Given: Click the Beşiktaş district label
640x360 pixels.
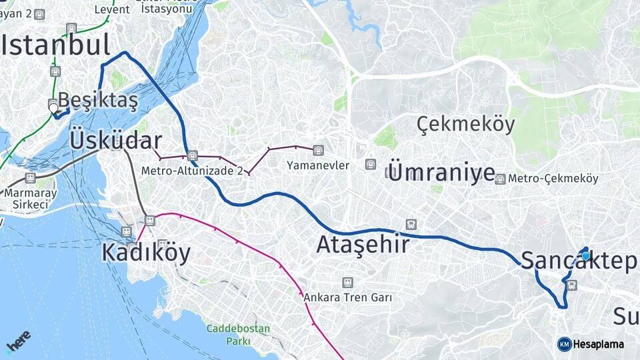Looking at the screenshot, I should point(98,101).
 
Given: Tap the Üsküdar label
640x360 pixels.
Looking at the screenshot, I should point(115,141).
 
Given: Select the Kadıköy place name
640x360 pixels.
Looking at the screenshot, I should point(146,253).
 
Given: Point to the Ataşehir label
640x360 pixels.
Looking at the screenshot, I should point(363,245).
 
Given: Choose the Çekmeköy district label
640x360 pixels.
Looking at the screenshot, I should point(466,124).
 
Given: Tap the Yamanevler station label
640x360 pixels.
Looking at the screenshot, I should point(318,165).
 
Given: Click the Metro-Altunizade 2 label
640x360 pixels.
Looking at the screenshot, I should point(191,171).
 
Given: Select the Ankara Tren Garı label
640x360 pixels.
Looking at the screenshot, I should point(347,297).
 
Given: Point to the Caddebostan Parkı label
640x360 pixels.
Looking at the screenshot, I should point(238,335).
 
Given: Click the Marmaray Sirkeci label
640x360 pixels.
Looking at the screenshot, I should point(27,199).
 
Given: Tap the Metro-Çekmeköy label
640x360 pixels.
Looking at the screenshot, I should point(553,179).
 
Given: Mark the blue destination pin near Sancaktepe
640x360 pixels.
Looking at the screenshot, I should point(585,255).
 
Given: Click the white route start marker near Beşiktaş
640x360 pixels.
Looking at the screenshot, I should point(53,106).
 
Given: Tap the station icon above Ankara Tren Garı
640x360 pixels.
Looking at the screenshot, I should point(347,283).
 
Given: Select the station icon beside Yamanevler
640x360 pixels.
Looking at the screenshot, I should point(319,150).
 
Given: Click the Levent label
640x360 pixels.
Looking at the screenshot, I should point(112,9).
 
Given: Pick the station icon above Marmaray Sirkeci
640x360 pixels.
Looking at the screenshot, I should point(30,178).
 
